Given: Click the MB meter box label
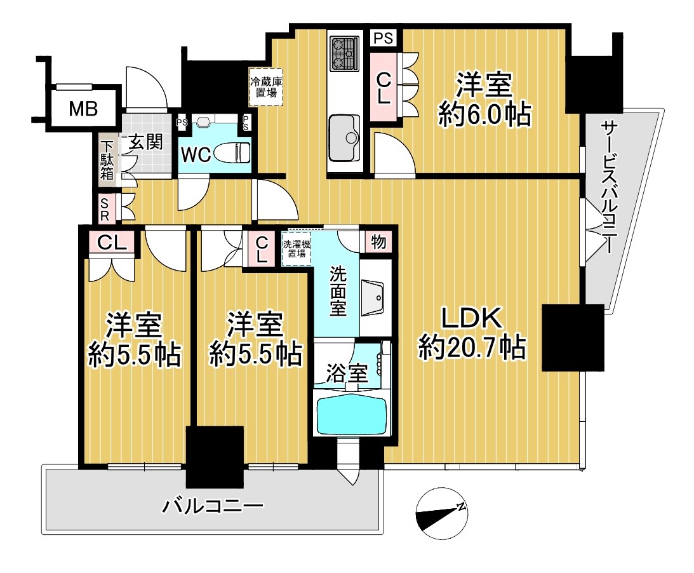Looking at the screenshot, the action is click(x=83, y=109).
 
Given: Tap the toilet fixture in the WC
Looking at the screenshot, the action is click(x=232, y=153).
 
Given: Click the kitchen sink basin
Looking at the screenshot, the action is click(x=345, y=138).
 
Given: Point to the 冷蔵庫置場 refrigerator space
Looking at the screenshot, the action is click(x=266, y=87).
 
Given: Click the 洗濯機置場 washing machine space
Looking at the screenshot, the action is click(x=297, y=248).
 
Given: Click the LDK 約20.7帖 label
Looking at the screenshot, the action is click(x=472, y=332).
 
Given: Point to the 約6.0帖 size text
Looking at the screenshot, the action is click(x=484, y=115).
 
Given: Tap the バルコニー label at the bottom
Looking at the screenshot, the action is click(x=212, y=506).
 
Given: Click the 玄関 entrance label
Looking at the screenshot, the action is click(x=145, y=142).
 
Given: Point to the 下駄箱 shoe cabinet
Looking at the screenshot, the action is click(x=107, y=159).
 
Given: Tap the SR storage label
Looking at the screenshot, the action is click(x=105, y=209).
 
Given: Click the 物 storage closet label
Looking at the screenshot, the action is click(x=378, y=242).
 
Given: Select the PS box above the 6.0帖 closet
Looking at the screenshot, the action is click(x=384, y=38).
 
